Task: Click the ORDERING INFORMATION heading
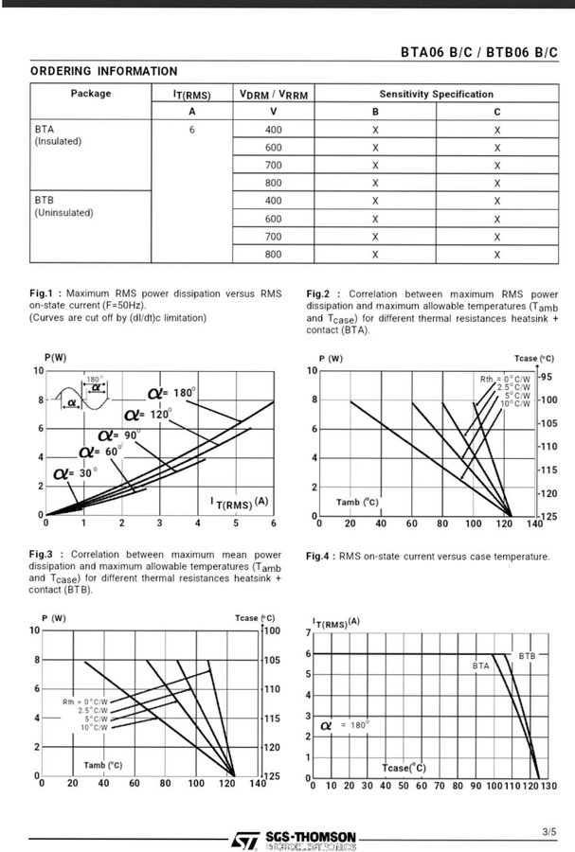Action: tap(103, 71)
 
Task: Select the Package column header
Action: tap(91, 94)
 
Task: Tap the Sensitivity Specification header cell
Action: tap(436, 94)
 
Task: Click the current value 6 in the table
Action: tap(190, 130)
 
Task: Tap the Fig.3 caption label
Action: tap(45, 554)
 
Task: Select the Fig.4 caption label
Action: tap(320, 556)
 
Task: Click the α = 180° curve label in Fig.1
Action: tap(171, 393)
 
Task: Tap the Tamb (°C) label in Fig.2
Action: tap(357, 501)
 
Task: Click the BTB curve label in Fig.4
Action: tap(528, 655)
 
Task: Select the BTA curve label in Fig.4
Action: tap(481, 666)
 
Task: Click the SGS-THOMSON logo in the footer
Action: tap(295, 839)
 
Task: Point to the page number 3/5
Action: tap(550, 831)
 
